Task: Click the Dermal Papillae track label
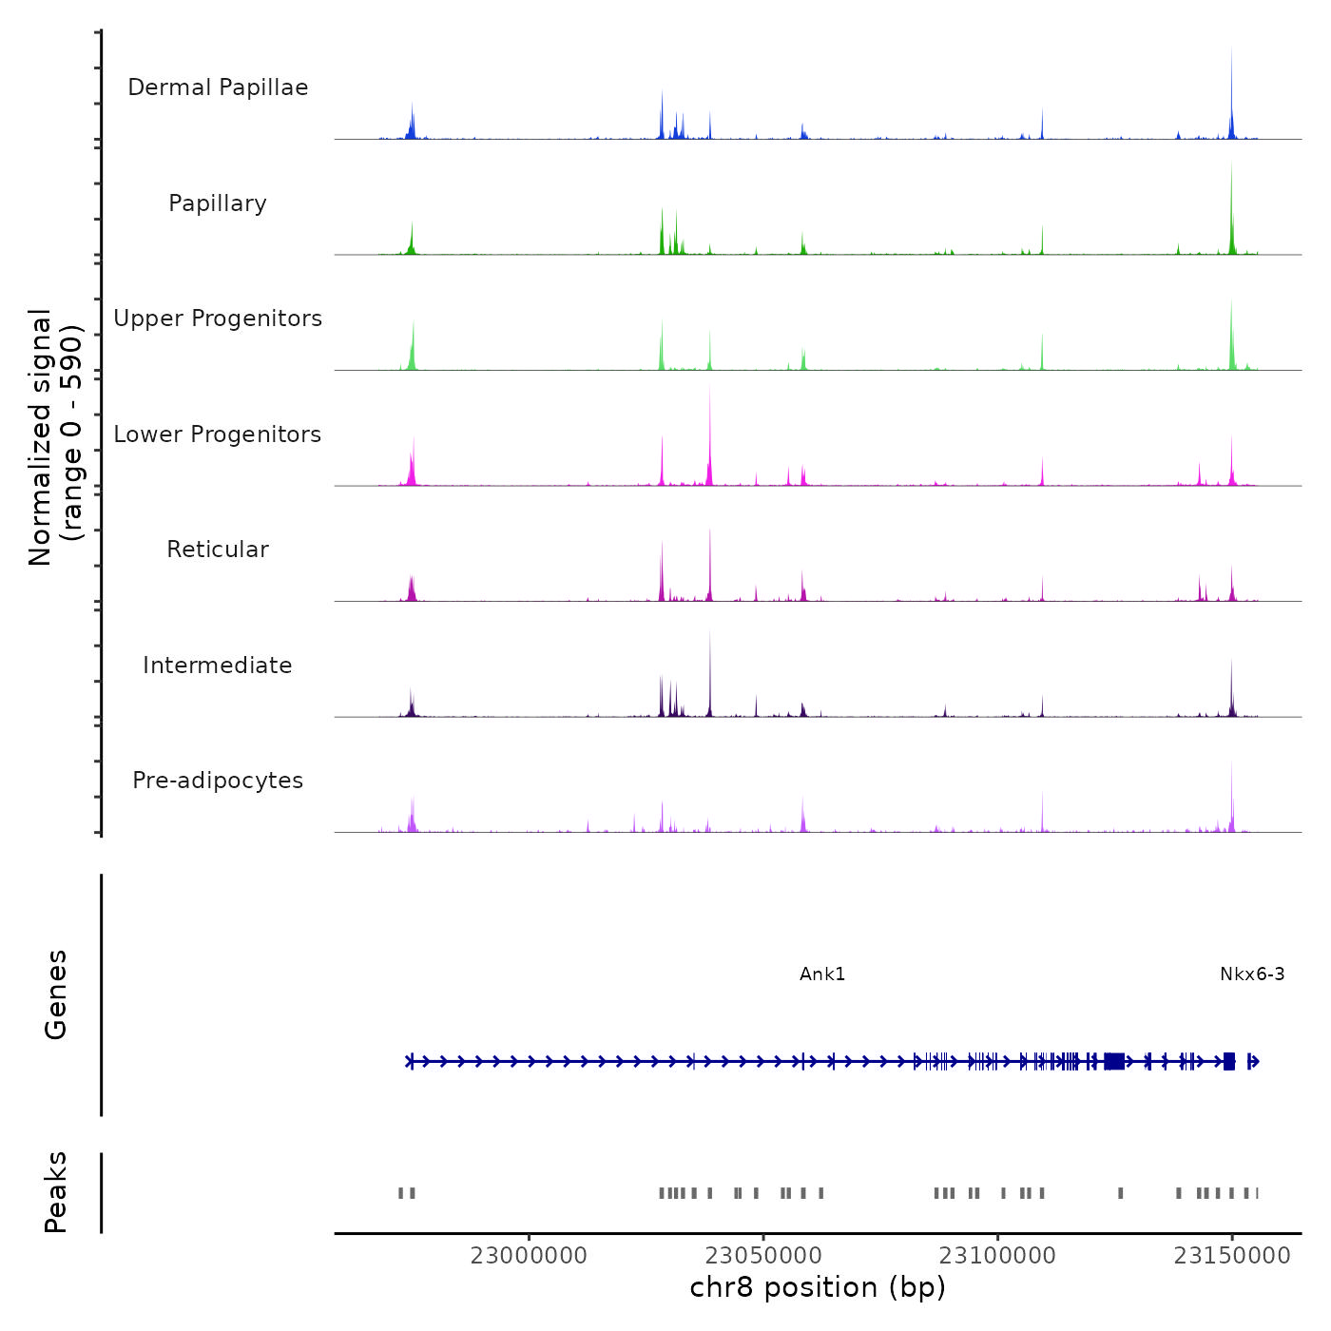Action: [218, 87]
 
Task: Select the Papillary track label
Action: [218, 203]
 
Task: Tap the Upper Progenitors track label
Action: [218, 318]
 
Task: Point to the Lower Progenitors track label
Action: [218, 434]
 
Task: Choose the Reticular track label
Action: [218, 550]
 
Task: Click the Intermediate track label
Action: [218, 665]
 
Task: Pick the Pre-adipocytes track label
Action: [218, 781]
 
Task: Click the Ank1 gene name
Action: [822, 974]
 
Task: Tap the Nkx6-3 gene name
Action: [1252, 974]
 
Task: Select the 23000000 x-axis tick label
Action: [529, 1256]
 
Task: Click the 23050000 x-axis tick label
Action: [763, 1256]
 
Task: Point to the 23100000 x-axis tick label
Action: [997, 1256]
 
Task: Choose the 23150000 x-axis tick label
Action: [1232, 1256]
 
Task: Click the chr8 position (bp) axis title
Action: [818, 1287]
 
